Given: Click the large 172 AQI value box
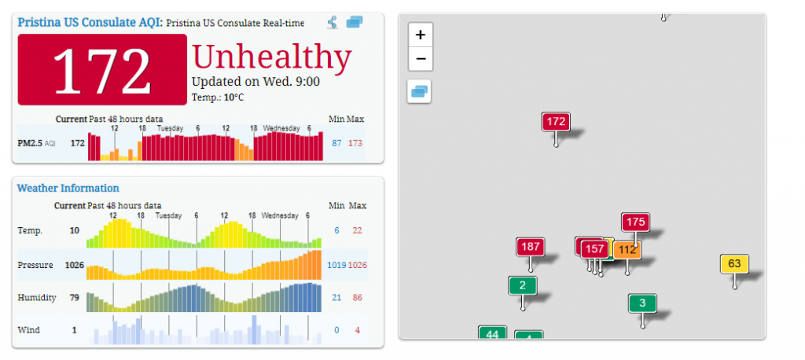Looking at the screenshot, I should pyautogui.click(x=102, y=70).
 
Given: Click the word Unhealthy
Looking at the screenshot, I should pyautogui.click(x=271, y=57).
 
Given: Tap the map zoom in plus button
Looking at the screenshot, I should pyautogui.click(x=421, y=35).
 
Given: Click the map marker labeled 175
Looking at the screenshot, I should pyautogui.click(x=636, y=222).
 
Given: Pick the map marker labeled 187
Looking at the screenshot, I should pyautogui.click(x=531, y=247).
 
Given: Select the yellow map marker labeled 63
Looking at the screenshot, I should pyautogui.click(x=734, y=263).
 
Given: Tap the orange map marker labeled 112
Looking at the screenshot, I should pyautogui.click(x=627, y=250).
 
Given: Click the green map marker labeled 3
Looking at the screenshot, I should pyautogui.click(x=642, y=303).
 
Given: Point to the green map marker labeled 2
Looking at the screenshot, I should pyautogui.click(x=522, y=285).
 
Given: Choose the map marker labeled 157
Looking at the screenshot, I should pyautogui.click(x=595, y=248).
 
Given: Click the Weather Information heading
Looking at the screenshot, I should pyautogui.click(x=68, y=188).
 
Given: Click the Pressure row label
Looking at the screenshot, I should pyautogui.click(x=35, y=266).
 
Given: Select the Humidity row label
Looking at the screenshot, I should pyautogui.click(x=35, y=297).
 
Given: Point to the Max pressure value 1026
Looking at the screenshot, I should pyautogui.click(x=358, y=266).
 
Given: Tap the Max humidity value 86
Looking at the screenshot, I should pyautogui.click(x=358, y=297).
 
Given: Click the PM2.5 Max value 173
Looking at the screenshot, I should pyautogui.click(x=355, y=143).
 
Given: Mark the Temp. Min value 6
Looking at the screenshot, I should pyautogui.click(x=336, y=230).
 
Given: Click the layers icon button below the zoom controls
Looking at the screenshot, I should pyautogui.click(x=420, y=91).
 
